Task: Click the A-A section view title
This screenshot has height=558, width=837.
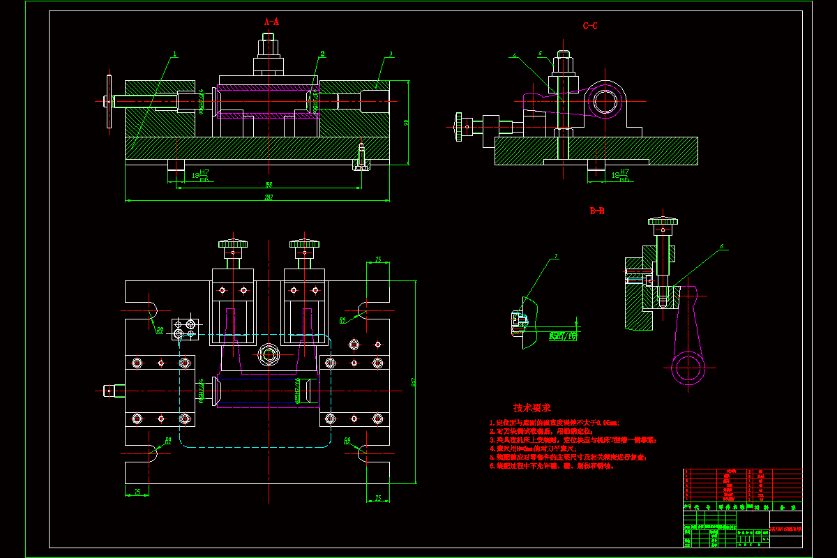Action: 271,22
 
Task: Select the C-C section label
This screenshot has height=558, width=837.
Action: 590,26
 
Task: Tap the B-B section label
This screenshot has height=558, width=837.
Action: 597,211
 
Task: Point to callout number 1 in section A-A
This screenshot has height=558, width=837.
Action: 175,53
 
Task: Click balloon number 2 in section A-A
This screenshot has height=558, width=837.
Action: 322,53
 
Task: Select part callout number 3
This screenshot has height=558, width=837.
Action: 391,53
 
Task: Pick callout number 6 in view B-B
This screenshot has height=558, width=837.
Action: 722,246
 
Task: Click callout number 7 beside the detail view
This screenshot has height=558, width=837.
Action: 556,257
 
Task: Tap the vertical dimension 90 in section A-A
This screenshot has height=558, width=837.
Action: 407,123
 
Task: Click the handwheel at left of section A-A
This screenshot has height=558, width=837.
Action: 108,102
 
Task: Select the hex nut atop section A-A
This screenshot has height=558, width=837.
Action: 268,50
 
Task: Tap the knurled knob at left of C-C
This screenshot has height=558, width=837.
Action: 458,126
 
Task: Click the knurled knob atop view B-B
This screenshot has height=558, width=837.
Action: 662,223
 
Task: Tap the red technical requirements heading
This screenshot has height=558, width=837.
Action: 531,408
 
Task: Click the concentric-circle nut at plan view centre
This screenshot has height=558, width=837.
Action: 267,352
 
